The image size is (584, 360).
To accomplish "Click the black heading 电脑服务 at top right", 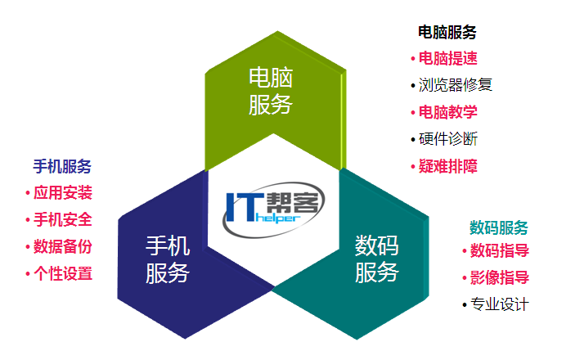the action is [x=447, y=33].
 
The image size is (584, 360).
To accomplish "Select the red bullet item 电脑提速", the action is [x=448, y=59].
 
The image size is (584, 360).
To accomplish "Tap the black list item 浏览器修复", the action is [x=455, y=85].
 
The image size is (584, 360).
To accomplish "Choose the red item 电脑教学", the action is [x=448, y=112].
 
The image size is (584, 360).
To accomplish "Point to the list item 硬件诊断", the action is [x=448, y=139].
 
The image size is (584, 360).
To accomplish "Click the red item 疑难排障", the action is [x=448, y=166].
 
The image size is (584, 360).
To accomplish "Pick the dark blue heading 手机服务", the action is [x=62, y=166].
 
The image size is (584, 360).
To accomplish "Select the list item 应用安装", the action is [x=62, y=192].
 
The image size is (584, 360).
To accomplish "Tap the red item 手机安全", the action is [x=62, y=219].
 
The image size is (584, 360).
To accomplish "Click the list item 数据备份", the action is [x=62, y=247].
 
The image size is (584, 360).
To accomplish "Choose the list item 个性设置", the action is [x=62, y=273].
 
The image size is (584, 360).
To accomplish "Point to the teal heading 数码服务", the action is [x=499, y=227].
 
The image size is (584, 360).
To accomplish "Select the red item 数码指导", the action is [x=500, y=250].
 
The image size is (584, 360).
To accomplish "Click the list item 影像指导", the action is [x=500, y=277].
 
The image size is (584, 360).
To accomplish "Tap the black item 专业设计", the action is [x=500, y=304].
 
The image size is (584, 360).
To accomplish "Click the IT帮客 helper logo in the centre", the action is [x=274, y=209].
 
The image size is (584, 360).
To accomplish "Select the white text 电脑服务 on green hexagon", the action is [x=271, y=92].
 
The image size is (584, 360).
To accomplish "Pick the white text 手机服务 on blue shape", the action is [x=168, y=259].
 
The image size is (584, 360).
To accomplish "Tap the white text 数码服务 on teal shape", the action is [x=377, y=259].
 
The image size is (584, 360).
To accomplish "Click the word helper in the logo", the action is [x=278, y=218].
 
